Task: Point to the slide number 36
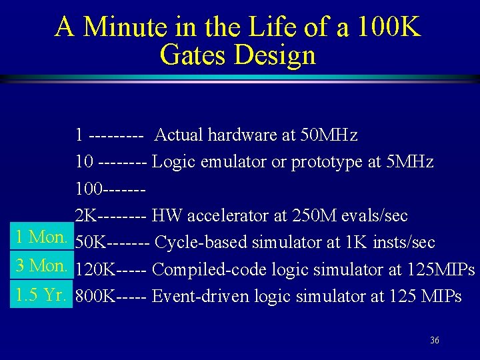coord(434,341)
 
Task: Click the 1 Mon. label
coord(41,237)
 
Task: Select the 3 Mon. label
coord(41,265)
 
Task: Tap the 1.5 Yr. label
coord(41,295)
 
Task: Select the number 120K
coord(95,269)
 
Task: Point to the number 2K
coord(85,216)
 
